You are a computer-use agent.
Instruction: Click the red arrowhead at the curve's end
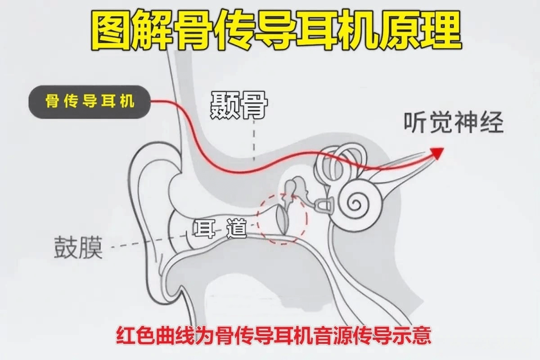click(437, 153)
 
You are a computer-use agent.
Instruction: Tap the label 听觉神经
click(454, 122)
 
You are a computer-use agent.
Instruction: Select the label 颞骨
click(239, 105)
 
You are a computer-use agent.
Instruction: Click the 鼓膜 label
click(78, 247)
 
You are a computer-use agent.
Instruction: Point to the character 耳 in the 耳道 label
click(205, 228)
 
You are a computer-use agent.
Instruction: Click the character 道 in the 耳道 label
click(237, 228)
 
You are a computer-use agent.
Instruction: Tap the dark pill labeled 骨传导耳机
click(90, 102)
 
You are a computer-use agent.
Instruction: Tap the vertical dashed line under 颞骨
click(254, 140)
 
